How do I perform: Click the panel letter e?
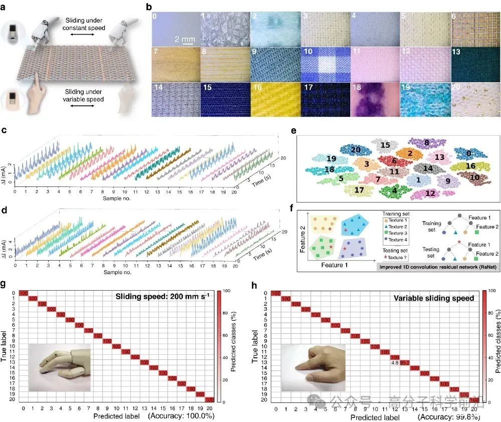294,132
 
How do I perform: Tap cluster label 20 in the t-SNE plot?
356,149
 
